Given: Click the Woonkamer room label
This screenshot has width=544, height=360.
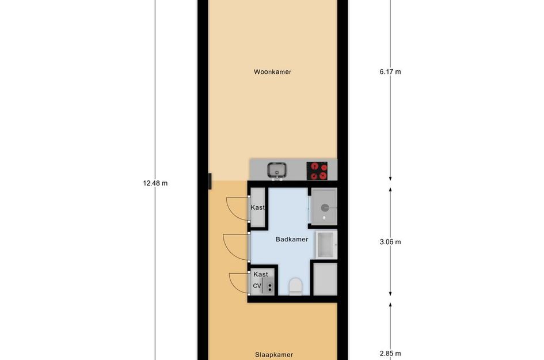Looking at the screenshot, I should click(x=272, y=72).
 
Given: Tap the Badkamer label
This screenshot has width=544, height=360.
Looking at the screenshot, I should click(x=292, y=239).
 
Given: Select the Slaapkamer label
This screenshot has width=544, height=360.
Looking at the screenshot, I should click(x=274, y=355).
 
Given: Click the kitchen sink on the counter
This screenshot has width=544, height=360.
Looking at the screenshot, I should click(x=277, y=170).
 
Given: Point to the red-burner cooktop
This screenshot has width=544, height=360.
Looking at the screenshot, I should click(x=317, y=170).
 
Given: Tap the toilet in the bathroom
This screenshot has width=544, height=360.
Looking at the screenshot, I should click(x=295, y=286).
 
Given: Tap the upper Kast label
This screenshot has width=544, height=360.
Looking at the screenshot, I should click(x=257, y=207).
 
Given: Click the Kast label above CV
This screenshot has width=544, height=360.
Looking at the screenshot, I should click(x=261, y=274).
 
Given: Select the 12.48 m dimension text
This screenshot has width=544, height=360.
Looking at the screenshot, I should click(x=155, y=183).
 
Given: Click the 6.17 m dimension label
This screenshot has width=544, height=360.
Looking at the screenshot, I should click(x=390, y=72).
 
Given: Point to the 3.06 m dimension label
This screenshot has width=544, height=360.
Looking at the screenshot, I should click(x=390, y=242).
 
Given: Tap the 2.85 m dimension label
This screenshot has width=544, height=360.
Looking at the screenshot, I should click(x=390, y=354).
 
